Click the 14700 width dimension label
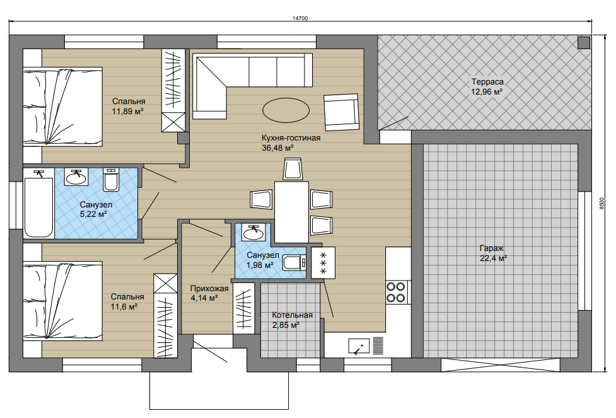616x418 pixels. tap(300, 18)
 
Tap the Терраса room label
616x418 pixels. tap(487, 82)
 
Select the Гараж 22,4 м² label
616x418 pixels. tap(493, 253)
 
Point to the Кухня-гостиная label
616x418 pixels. tap(291, 138)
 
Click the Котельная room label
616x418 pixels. tap(293, 315)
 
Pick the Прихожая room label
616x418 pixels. tap(209, 289)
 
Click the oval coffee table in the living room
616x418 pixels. tap(286, 110)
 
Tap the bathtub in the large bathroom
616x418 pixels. tap(38, 207)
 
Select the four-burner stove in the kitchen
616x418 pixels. tap(395, 292)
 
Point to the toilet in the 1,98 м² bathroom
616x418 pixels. tap(294, 263)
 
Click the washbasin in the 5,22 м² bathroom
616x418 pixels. tap(77, 177)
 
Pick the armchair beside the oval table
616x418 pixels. tap(341, 112)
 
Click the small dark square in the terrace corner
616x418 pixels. tap(584, 42)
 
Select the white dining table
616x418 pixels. tap(291, 212)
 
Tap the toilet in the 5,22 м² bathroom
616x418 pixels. tap(111, 180)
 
